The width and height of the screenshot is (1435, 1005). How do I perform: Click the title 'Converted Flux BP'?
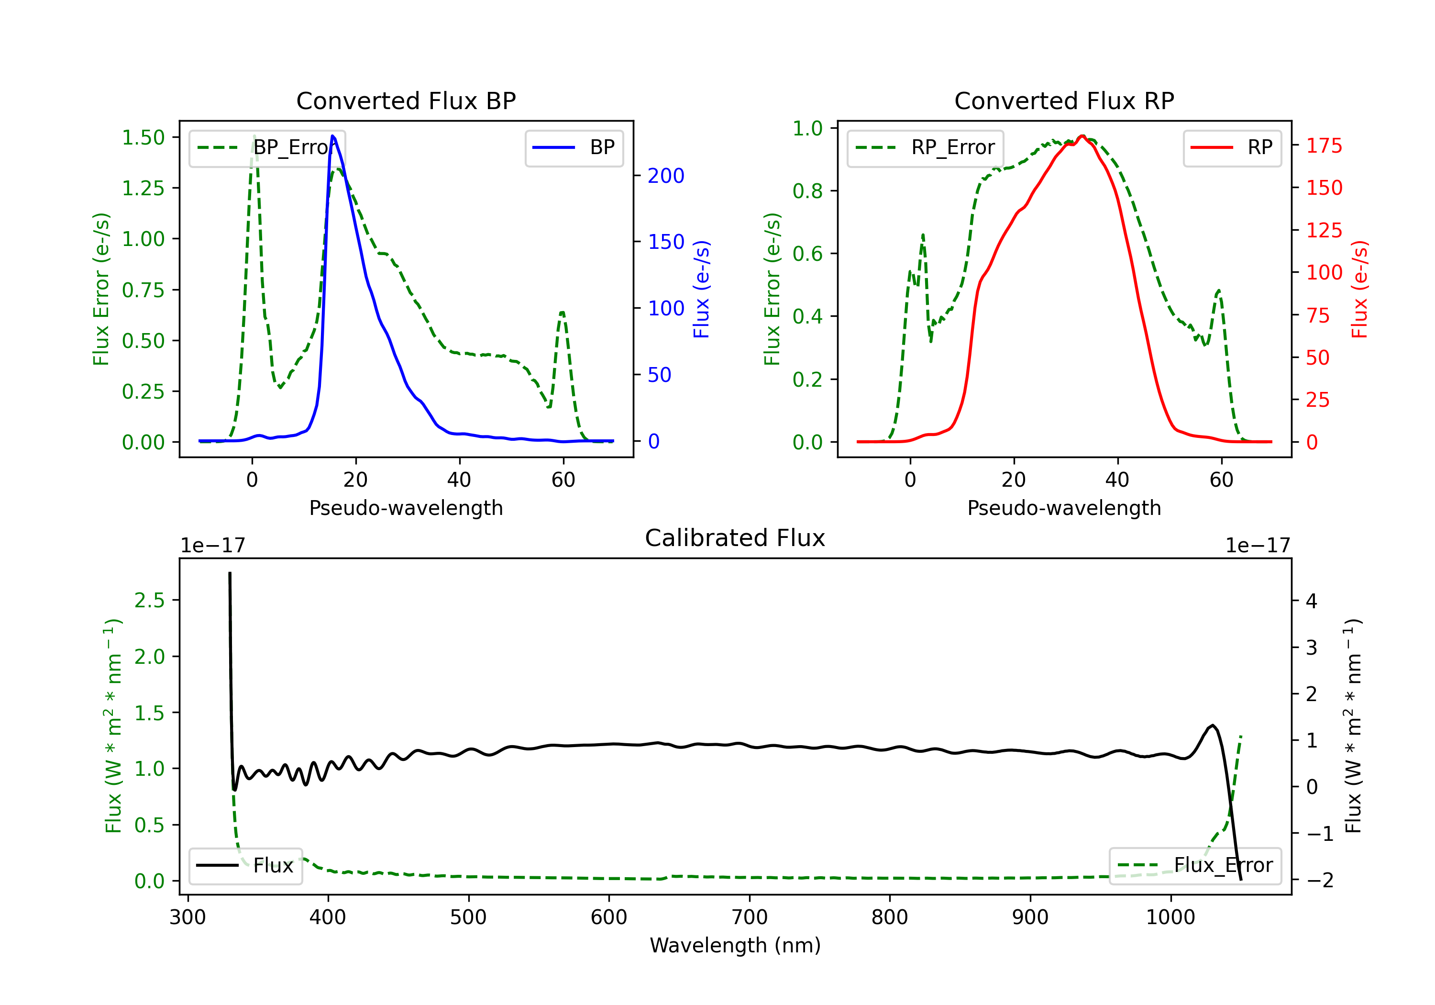tap(406, 100)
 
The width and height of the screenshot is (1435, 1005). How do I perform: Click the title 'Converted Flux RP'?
tap(1064, 100)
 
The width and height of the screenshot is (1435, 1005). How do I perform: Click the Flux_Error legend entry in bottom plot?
tap(1195, 866)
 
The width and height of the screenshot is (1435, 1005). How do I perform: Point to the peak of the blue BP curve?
tap(332, 136)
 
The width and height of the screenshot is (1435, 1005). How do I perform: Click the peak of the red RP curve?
tap(1082, 136)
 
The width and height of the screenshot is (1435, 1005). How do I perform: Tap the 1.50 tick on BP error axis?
tap(143, 137)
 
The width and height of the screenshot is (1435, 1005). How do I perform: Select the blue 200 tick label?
tap(666, 176)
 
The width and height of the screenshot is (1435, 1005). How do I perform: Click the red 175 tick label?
tap(1324, 145)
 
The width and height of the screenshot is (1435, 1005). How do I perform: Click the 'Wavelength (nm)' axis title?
tap(735, 945)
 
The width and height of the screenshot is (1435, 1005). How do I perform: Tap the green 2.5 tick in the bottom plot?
tap(149, 601)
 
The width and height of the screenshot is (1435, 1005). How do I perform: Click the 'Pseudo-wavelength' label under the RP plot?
tap(1064, 508)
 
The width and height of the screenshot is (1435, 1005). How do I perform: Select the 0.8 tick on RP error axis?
tap(807, 191)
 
